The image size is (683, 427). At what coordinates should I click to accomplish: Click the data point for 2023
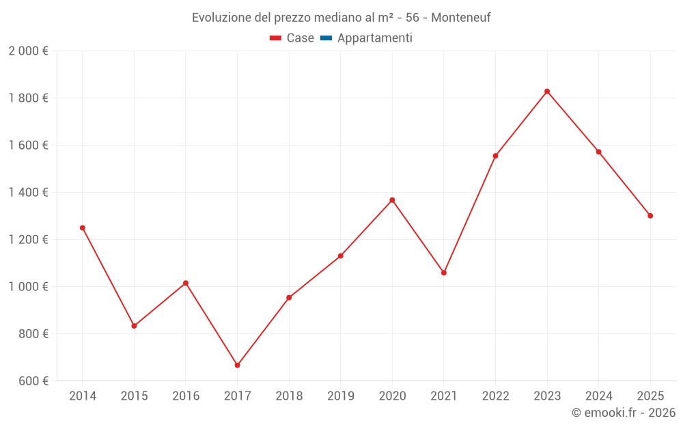(547, 92)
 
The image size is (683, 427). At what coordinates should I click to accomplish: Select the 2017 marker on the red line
(237, 366)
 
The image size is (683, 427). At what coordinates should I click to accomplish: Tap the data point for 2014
(83, 228)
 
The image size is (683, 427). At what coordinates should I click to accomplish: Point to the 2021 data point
(444, 273)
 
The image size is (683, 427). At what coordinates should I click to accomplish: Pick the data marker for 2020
(392, 200)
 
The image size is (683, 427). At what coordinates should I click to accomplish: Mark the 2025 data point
(650, 216)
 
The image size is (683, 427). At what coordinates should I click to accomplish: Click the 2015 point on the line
(134, 326)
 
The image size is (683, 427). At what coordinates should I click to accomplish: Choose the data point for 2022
(495, 156)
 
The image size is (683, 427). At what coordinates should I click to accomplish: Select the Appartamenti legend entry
(374, 38)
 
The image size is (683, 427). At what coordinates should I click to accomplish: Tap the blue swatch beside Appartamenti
(326, 38)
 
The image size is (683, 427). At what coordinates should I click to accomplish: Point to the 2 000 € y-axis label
(28, 51)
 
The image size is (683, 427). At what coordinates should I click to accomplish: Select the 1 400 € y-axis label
(28, 193)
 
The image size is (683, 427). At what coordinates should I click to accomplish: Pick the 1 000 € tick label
(28, 287)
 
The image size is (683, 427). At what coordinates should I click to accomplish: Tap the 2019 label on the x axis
(340, 396)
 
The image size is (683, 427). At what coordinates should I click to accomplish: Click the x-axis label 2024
(598, 396)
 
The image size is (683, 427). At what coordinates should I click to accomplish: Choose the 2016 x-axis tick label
(186, 396)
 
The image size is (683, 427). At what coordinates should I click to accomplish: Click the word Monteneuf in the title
(461, 18)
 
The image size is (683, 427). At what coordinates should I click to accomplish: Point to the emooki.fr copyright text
(624, 413)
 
